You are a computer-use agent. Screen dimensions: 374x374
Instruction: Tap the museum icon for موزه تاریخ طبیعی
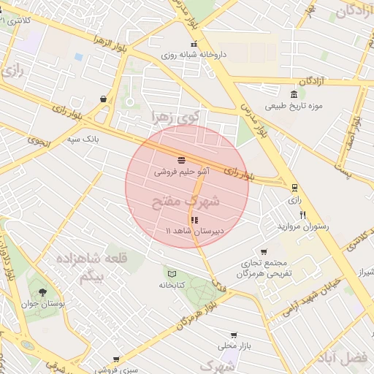[294, 94]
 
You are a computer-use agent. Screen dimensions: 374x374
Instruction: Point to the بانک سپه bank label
[82, 138]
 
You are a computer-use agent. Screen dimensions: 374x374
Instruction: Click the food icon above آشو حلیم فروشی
[180, 159]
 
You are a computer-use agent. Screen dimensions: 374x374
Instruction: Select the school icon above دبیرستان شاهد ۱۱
[194, 219]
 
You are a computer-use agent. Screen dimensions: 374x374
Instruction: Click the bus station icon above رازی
[294, 187]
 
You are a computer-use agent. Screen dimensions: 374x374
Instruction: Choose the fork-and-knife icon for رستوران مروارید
[302, 215]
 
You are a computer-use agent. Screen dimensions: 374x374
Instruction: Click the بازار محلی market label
[233, 344]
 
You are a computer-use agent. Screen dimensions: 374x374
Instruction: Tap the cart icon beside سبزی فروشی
[116, 359]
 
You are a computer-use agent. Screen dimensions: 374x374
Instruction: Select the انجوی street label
[40, 141]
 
